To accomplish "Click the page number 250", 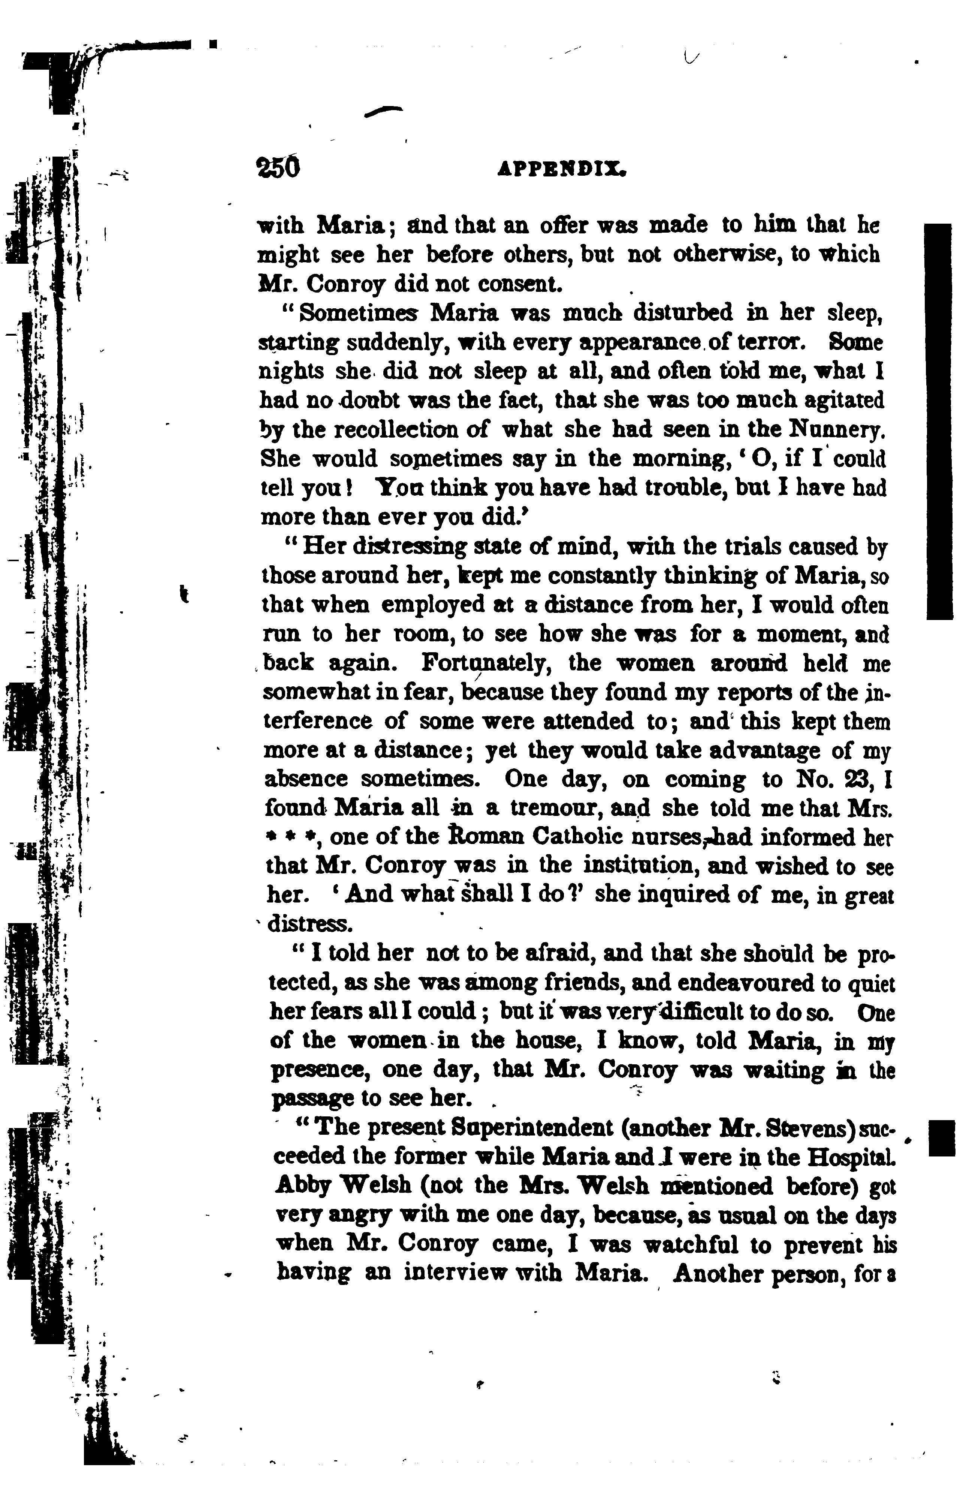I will coord(278,167).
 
